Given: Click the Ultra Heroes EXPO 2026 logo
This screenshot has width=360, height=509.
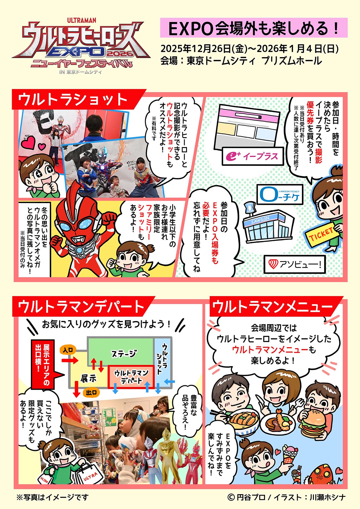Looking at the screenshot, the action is point(81,46).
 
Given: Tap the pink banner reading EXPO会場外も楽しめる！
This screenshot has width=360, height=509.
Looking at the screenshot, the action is point(254,28).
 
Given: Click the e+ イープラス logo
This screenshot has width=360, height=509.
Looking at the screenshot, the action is point(253,156).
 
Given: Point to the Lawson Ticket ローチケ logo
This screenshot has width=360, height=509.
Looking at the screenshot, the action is point(280,194).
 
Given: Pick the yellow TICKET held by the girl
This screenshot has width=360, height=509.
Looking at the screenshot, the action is point(322,234).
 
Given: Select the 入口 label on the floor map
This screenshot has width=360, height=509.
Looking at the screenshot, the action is point(68,350).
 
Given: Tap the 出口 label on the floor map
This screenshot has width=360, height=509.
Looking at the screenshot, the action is point(91,393).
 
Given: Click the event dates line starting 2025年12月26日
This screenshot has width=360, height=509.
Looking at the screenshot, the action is point(250,48).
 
